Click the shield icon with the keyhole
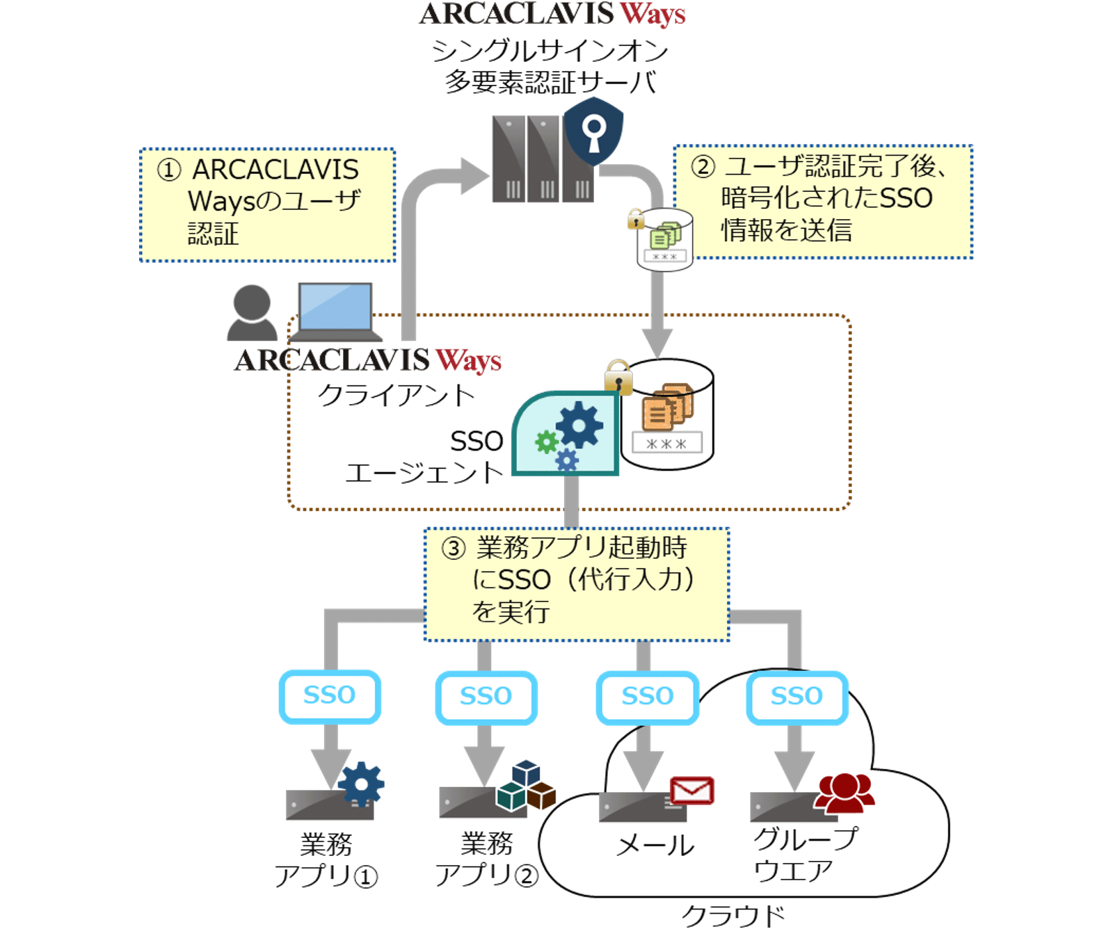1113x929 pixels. click(x=593, y=131)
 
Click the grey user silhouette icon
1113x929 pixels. click(x=251, y=313)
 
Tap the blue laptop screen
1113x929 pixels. click(x=335, y=306)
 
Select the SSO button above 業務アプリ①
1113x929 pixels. click(x=330, y=696)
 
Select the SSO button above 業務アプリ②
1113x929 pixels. click(x=486, y=697)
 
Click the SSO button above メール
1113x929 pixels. click(x=647, y=697)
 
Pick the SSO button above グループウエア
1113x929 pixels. click(x=796, y=697)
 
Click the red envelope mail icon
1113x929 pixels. click(x=691, y=791)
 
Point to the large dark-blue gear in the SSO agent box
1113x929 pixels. click(x=579, y=424)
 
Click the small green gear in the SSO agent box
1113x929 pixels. click(x=546, y=442)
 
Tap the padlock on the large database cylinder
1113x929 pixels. click(x=618, y=378)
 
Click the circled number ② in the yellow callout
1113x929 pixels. click(x=703, y=167)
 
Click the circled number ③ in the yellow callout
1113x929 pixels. click(x=453, y=549)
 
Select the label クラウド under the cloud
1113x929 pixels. click(x=733, y=915)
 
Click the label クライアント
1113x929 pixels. click(x=395, y=396)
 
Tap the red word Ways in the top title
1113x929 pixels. click(x=652, y=15)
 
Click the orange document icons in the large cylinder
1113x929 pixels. click(x=666, y=407)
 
